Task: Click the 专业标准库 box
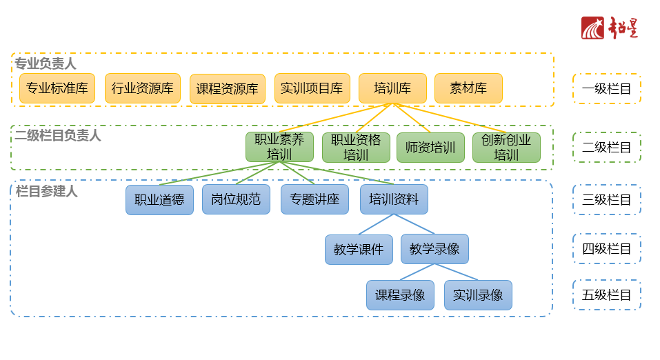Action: (x=57, y=88)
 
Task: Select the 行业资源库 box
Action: (x=143, y=88)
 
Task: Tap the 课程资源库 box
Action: (x=227, y=89)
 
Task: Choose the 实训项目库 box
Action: (x=312, y=88)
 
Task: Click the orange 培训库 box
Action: (x=392, y=88)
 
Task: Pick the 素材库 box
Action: (x=468, y=88)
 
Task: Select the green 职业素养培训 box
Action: (x=279, y=147)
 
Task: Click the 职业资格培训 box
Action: (x=356, y=147)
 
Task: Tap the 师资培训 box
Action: (x=430, y=147)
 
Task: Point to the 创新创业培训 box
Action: (x=506, y=147)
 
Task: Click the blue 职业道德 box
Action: (x=159, y=200)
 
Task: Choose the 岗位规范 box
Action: (x=236, y=200)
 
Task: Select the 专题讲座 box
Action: (x=314, y=200)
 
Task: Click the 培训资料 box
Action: (x=394, y=200)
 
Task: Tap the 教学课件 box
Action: (x=359, y=250)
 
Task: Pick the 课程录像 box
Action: (x=400, y=295)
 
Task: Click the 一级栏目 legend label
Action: (x=606, y=88)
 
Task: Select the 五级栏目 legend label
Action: (x=606, y=295)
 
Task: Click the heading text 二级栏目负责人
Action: (x=58, y=136)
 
